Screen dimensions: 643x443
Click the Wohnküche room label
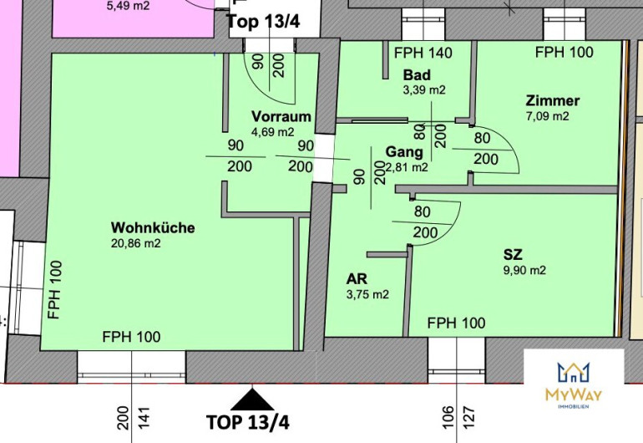click(x=153, y=227)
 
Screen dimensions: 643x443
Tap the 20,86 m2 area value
click(x=136, y=243)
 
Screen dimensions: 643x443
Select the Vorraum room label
click(x=281, y=116)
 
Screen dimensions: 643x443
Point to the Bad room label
click(x=417, y=75)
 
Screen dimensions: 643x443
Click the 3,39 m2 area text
click(x=424, y=90)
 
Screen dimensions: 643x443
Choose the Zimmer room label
click(x=553, y=100)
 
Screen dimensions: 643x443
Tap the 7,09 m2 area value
click(x=548, y=116)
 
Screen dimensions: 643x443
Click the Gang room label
click(x=404, y=152)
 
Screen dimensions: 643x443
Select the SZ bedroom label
click(x=513, y=255)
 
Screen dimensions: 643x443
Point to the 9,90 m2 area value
click(x=525, y=270)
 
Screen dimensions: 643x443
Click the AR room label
click(x=357, y=279)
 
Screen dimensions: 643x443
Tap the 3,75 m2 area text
click(x=367, y=294)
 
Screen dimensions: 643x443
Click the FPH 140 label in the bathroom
click(x=423, y=53)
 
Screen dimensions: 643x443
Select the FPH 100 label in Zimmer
click(x=565, y=52)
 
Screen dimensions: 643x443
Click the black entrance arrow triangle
click(x=252, y=400)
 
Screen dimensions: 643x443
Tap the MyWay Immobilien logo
click(x=574, y=385)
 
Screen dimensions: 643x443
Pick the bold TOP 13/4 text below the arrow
click(x=248, y=422)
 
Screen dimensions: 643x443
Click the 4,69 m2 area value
click(x=273, y=132)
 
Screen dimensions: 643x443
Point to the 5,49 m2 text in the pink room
click(x=128, y=6)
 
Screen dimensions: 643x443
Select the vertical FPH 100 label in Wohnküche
click(x=54, y=290)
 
